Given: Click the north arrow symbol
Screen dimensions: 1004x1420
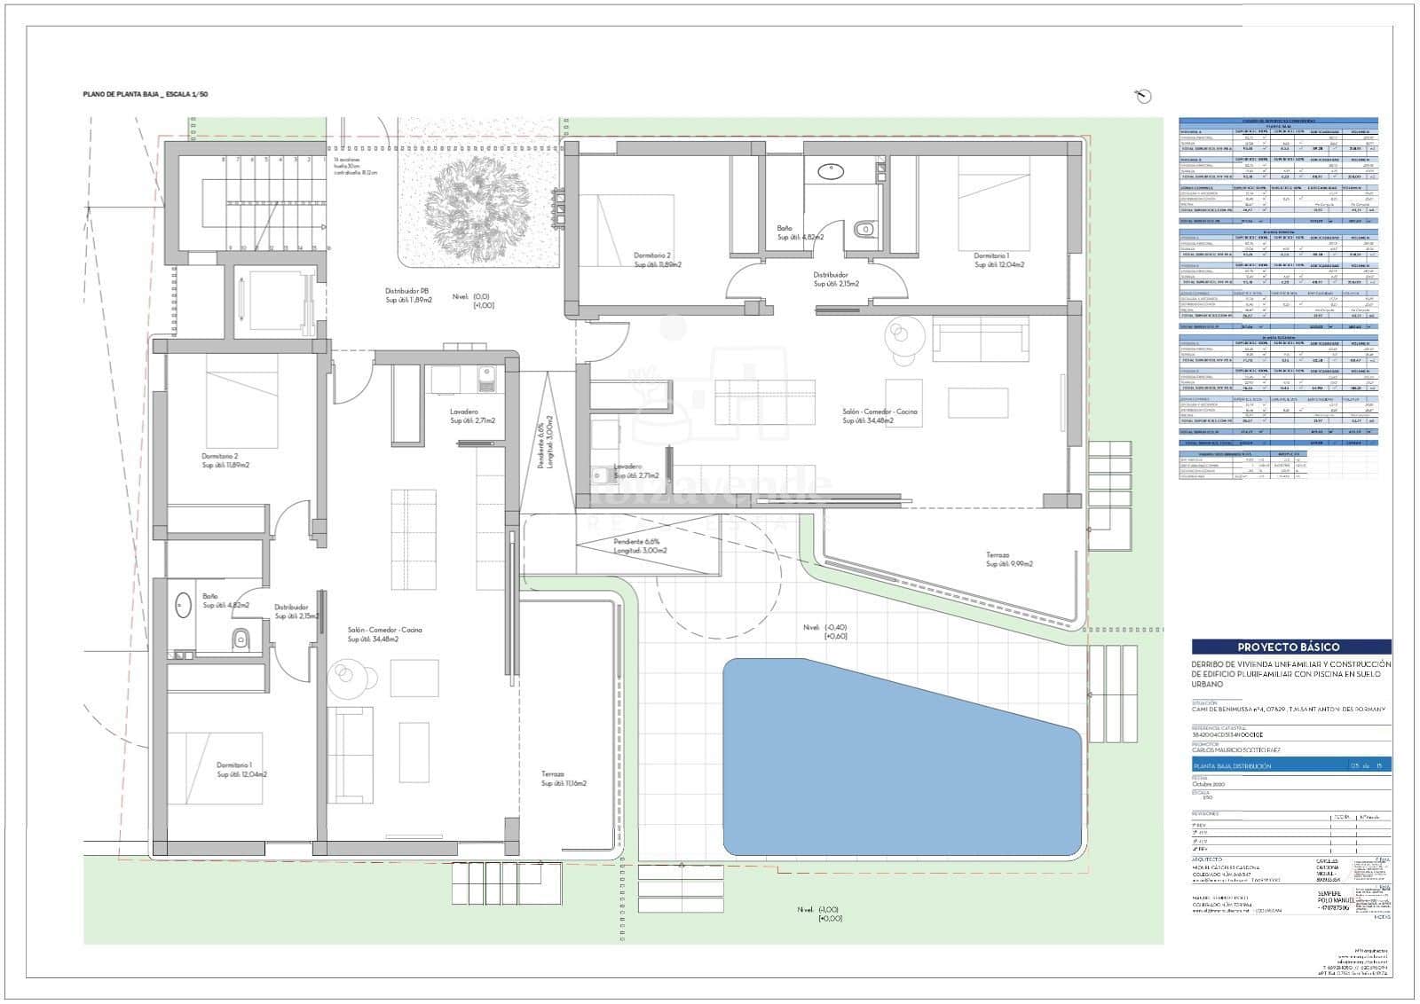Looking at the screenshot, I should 1145,97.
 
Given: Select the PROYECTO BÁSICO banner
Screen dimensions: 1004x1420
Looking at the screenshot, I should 1291,647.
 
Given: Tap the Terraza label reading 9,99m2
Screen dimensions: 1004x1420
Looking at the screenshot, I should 1009,560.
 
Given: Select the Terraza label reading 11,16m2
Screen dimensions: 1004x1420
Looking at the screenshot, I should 564,779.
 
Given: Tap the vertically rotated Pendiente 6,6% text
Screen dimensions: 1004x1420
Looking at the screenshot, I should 546,445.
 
